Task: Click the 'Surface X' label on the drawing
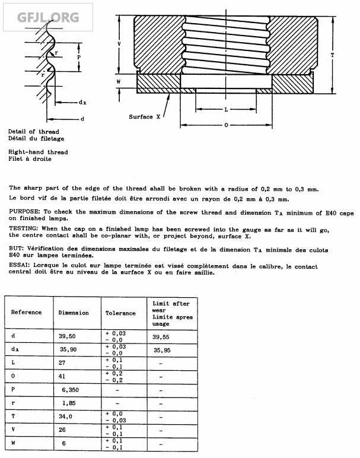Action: [145, 117]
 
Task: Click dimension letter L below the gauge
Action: [226, 110]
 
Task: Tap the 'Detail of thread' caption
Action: [33, 132]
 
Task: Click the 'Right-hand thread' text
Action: [38, 152]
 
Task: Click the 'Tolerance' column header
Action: [120, 313]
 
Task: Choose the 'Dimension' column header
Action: [74, 313]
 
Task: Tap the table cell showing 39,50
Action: [69, 336]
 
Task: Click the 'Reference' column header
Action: [27, 312]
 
